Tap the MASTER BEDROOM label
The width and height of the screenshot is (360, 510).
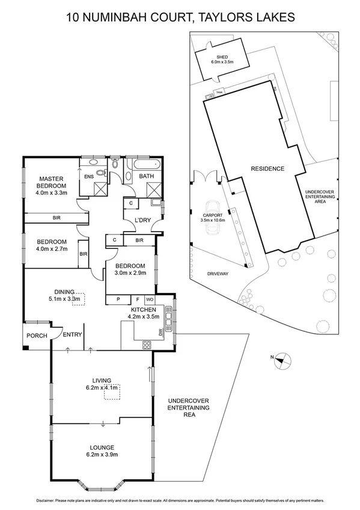click(52, 182)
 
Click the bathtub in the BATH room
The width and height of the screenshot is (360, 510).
click(144, 164)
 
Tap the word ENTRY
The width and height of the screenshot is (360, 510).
click(73, 335)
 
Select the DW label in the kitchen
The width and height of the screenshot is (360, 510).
click(161, 331)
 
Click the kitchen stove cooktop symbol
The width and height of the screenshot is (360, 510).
click(146, 345)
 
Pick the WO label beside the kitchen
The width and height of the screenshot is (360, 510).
click(150, 299)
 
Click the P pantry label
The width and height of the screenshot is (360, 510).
click(118, 299)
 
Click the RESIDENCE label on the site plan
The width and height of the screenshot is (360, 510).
click(267, 169)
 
